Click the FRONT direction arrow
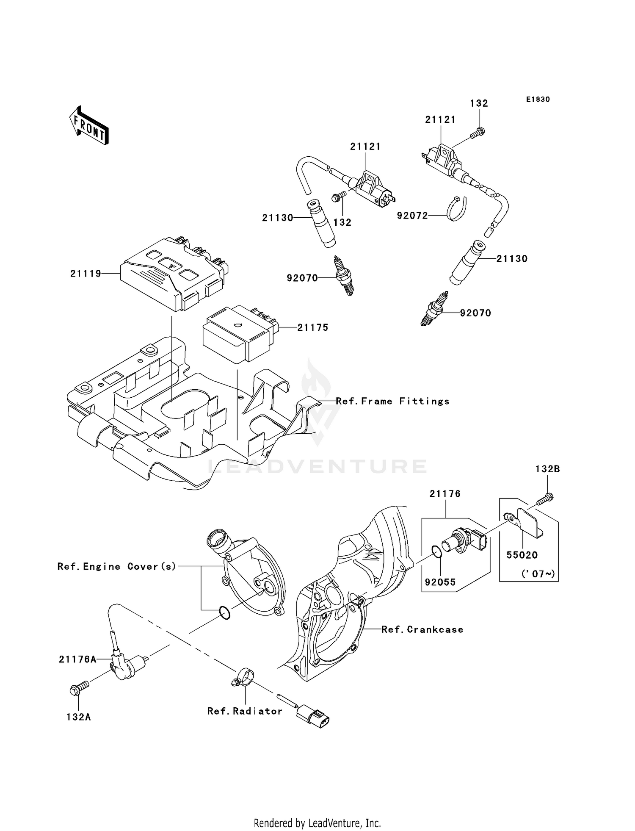[x=89, y=126]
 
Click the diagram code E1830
[x=538, y=100]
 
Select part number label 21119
[x=86, y=274]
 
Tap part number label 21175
[x=313, y=327]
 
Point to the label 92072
[x=412, y=216]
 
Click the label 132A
[x=79, y=717]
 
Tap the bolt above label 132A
[x=79, y=688]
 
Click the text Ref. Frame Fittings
[x=392, y=401]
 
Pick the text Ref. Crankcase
[x=422, y=629]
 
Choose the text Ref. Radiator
[x=245, y=711]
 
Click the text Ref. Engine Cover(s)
[x=117, y=566]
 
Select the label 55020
[x=522, y=555]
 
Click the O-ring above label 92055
[x=436, y=551]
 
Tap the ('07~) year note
[x=538, y=574]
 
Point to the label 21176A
[x=77, y=659]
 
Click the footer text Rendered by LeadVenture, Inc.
[x=317, y=823]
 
